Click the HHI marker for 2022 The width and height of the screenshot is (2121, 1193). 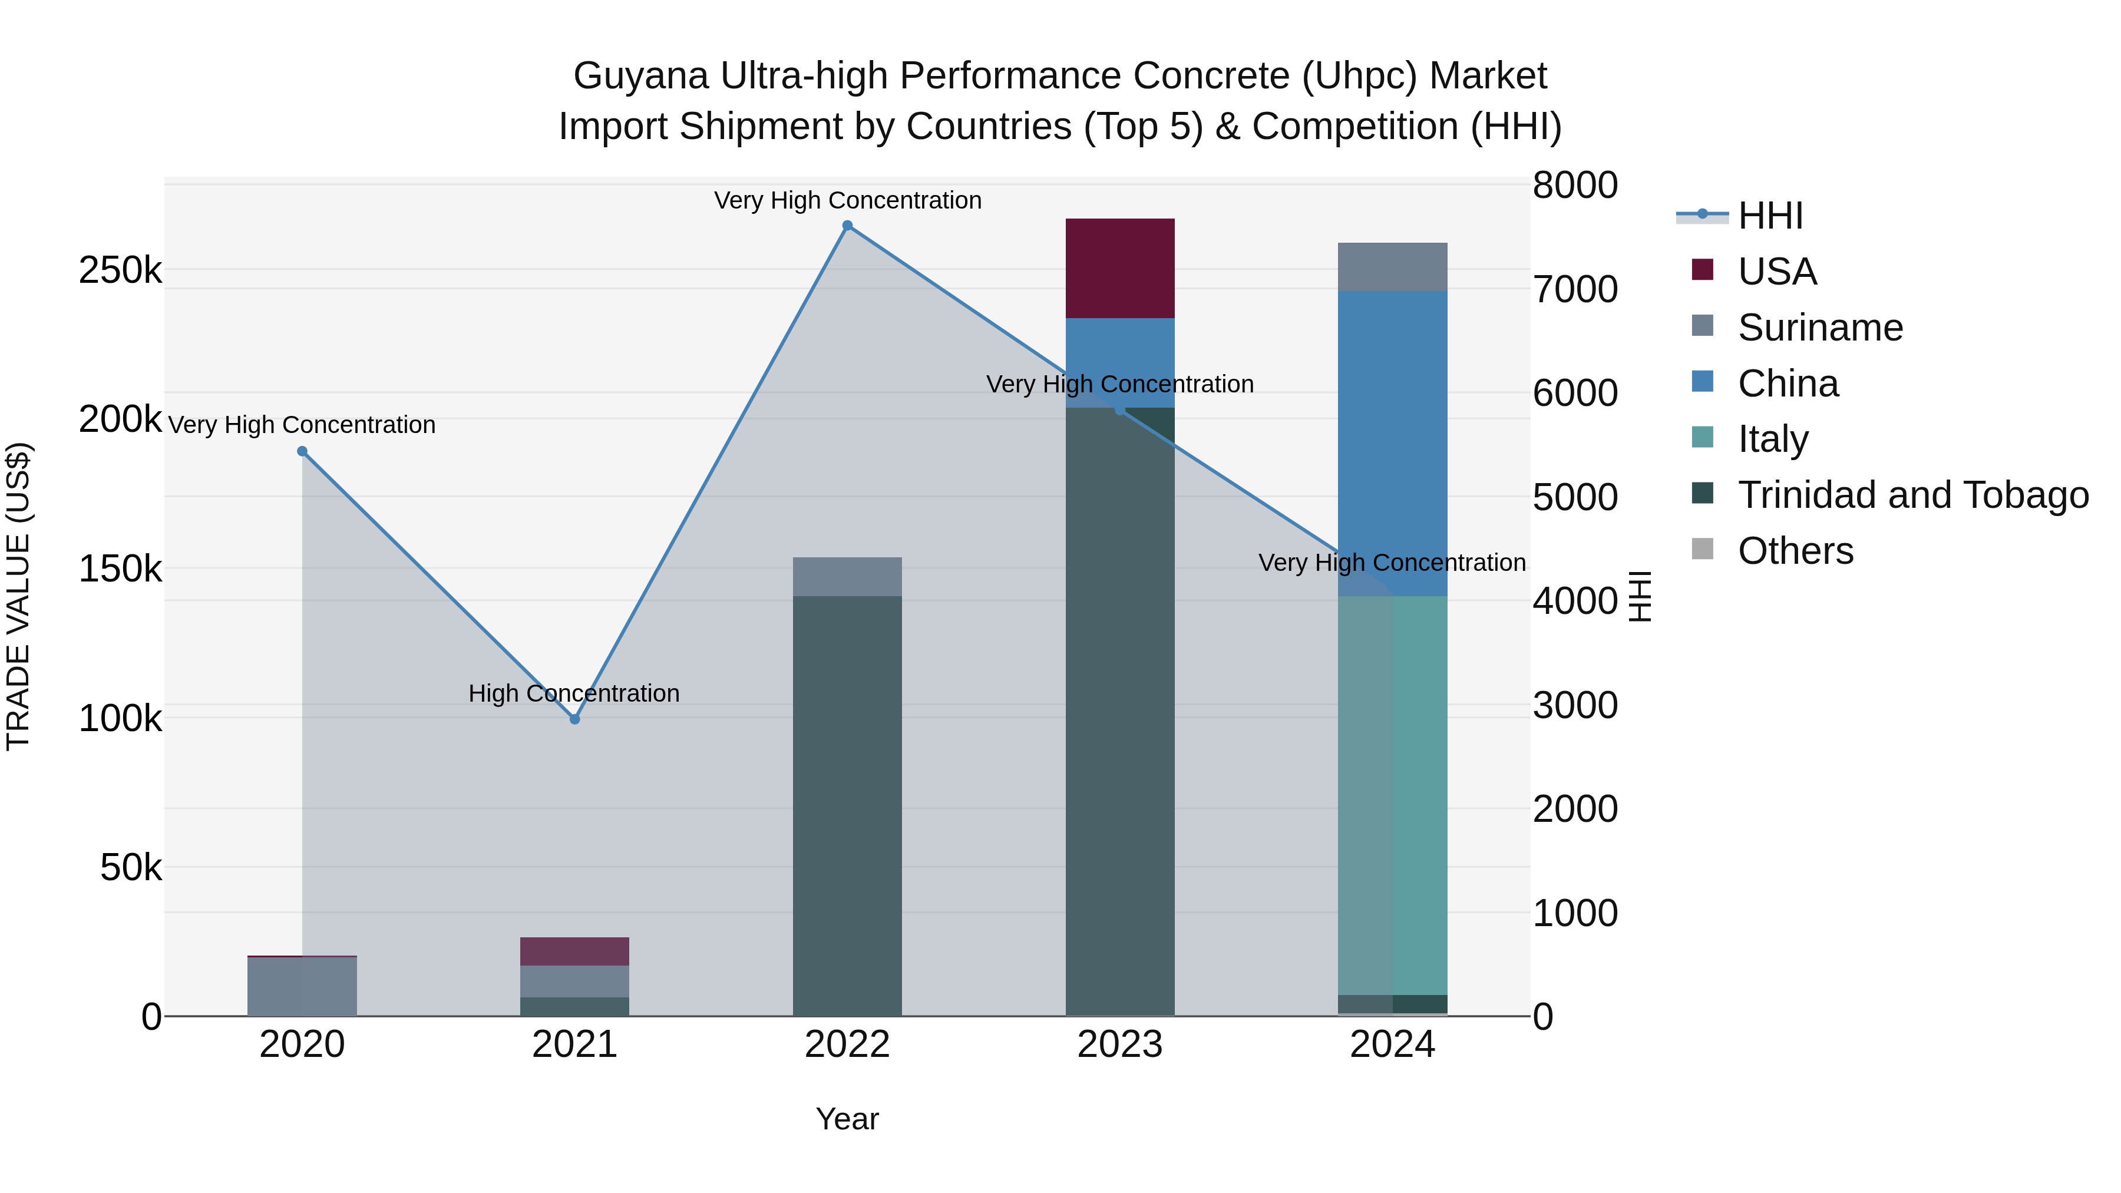click(x=847, y=226)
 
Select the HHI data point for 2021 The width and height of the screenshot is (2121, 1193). click(x=574, y=719)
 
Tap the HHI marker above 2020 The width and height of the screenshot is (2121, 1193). click(x=302, y=451)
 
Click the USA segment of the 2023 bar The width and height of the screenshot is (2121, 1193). click(x=1120, y=269)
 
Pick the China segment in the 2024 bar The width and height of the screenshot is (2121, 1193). click(x=1392, y=443)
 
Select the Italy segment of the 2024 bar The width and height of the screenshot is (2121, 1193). click(x=1392, y=795)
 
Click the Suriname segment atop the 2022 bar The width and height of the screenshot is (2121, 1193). click(x=847, y=576)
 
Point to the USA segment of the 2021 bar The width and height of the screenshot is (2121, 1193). click(x=574, y=951)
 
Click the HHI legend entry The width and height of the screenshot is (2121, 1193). click(x=1770, y=216)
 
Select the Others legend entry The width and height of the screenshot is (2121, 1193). click(x=1795, y=551)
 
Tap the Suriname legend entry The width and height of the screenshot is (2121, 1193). click(x=1820, y=328)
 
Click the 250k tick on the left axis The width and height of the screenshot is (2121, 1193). click(x=120, y=270)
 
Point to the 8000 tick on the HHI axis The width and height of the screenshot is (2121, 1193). click(x=1574, y=185)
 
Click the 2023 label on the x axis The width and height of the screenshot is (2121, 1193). click(x=1120, y=1045)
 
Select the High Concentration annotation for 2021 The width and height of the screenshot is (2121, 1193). click(x=574, y=693)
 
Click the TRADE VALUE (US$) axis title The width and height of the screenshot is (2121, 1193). click(x=18, y=596)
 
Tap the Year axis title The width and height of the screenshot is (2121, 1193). click(x=847, y=1119)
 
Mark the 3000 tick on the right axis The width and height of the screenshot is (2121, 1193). click(x=1574, y=706)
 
